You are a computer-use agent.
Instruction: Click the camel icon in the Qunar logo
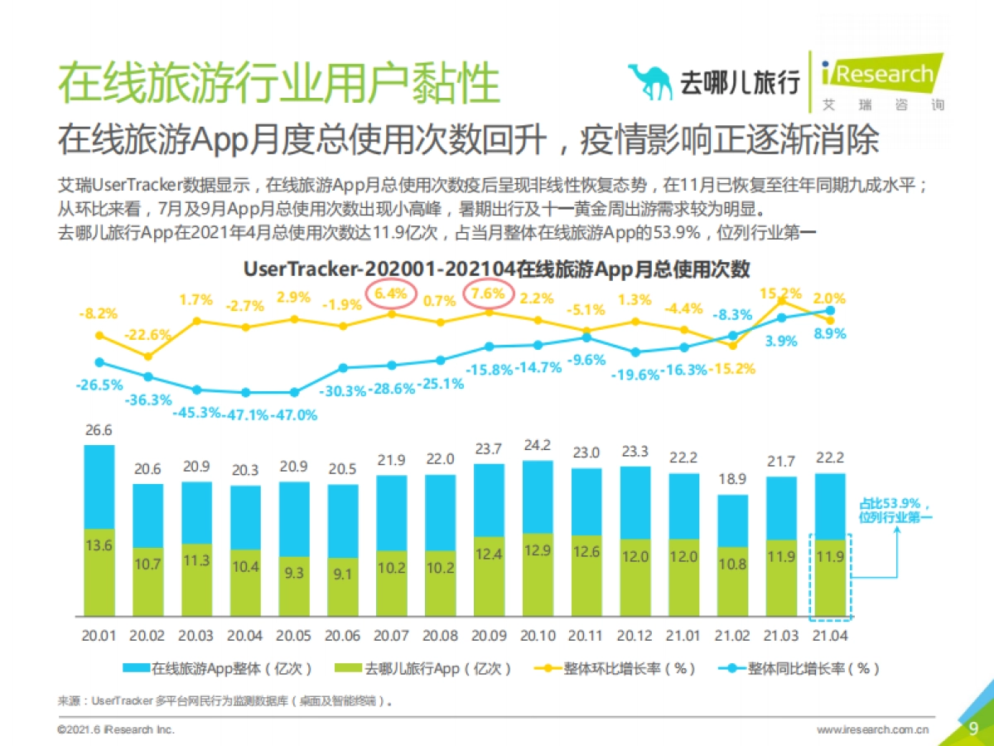click(650, 80)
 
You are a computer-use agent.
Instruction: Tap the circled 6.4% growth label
click(391, 293)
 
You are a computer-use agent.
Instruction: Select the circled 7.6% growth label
click(488, 293)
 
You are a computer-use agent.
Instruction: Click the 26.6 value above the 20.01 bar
click(99, 431)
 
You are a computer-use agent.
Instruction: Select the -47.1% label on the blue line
click(246, 415)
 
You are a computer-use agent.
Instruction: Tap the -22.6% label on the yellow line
click(148, 335)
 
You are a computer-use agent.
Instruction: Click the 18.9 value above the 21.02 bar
click(732, 480)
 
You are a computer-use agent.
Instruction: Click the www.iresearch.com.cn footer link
click(872, 729)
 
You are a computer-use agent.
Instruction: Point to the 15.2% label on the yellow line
click(780, 293)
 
